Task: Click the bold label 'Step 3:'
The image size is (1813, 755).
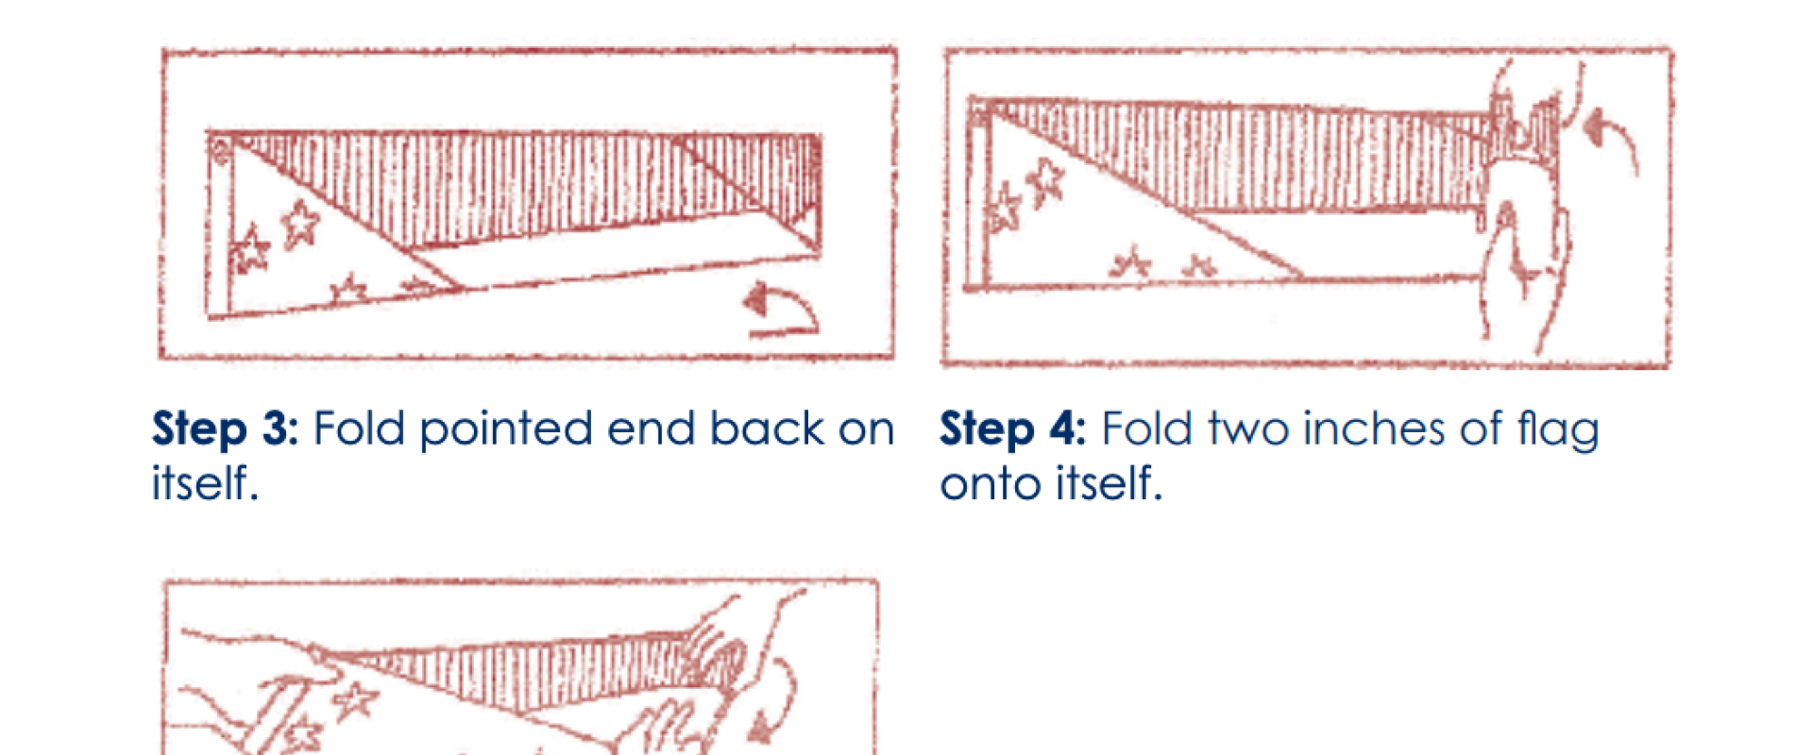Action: point(226,429)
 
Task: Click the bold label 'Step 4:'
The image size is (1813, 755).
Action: point(1013,429)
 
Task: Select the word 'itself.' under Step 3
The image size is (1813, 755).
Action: point(205,482)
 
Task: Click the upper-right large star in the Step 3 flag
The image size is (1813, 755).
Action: point(300,223)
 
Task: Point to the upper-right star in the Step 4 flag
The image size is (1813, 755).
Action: point(1045,181)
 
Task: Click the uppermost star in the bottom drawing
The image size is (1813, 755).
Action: point(355,700)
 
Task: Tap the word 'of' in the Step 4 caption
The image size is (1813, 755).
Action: point(1481,429)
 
